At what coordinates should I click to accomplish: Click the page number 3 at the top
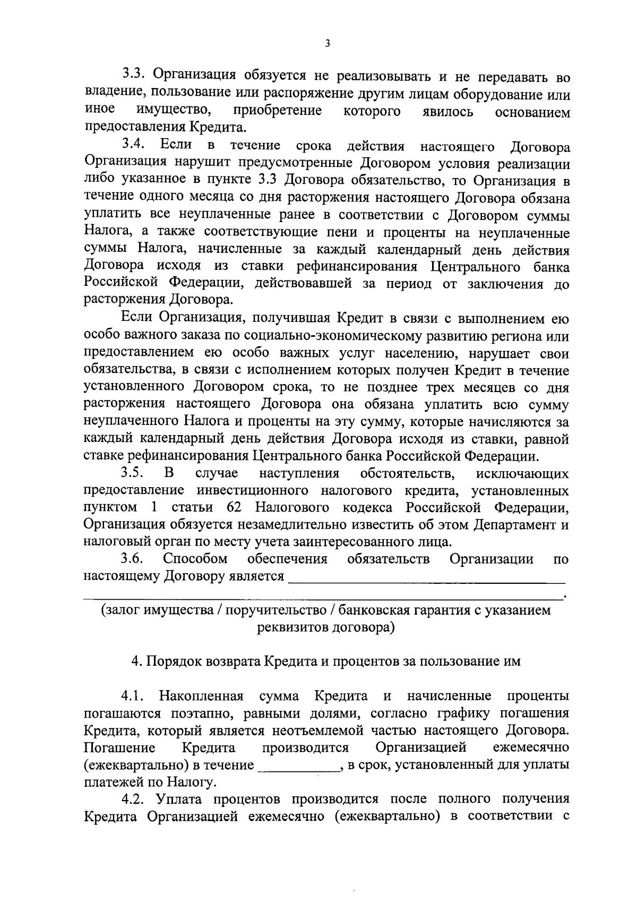(327, 44)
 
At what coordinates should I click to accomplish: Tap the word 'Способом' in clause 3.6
(195, 558)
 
